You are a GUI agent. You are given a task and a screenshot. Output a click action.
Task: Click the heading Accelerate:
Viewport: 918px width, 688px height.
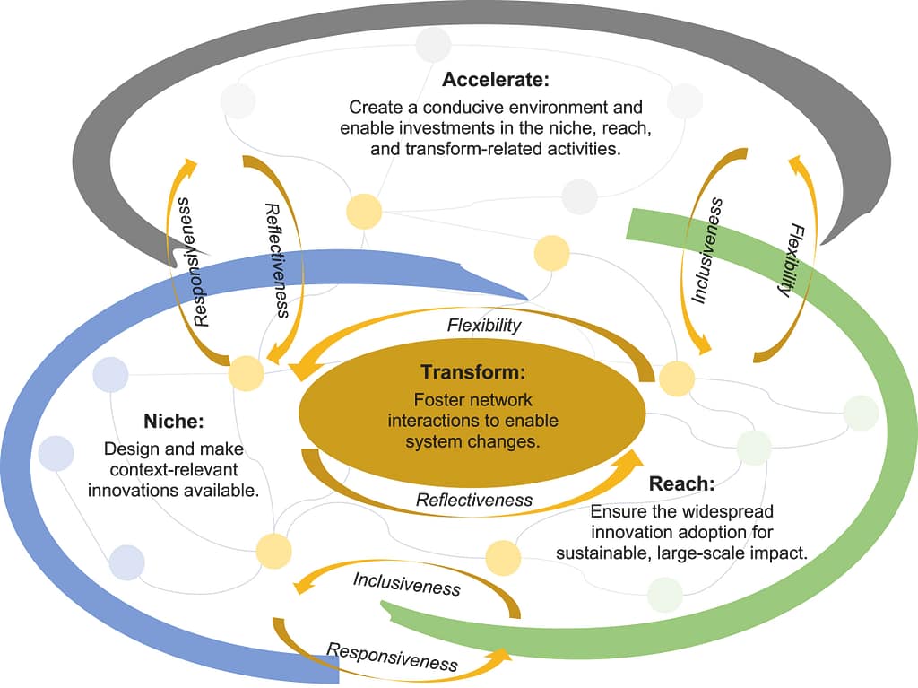tap(495, 79)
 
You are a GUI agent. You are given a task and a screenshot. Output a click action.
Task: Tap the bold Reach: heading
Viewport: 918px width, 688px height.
tap(681, 484)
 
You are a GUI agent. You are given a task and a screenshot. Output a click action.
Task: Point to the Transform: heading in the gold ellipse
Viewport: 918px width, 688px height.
tap(472, 372)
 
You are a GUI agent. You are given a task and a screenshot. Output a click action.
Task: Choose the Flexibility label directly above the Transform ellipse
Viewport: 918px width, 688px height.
tap(484, 325)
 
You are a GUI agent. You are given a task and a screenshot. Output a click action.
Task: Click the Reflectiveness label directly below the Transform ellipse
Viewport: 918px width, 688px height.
tap(474, 500)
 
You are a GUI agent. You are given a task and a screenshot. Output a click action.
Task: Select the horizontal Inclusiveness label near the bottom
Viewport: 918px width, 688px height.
tap(406, 583)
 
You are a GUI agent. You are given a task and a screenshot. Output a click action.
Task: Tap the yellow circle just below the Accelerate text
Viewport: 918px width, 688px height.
tap(364, 211)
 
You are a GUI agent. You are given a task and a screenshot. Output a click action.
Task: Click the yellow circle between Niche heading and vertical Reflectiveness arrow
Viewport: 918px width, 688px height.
tap(246, 372)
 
